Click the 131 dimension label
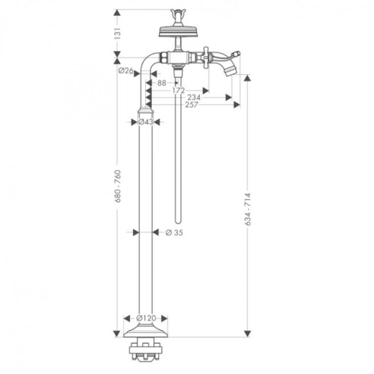click(x=117, y=33)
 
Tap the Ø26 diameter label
click(x=126, y=70)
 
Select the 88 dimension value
click(x=162, y=83)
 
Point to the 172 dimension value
click(x=178, y=91)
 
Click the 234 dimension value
click(x=193, y=97)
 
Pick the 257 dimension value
click(x=191, y=105)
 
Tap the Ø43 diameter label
click(x=145, y=122)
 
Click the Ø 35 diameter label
click(x=174, y=232)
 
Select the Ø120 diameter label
click(x=146, y=318)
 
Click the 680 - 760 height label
click(x=118, y=186)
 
